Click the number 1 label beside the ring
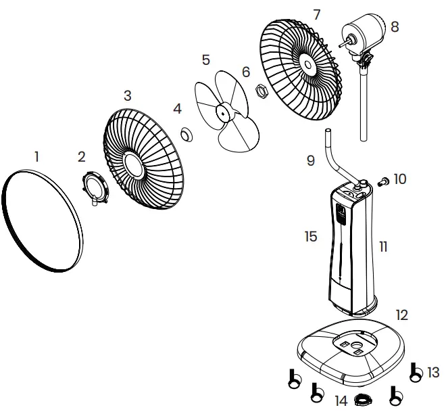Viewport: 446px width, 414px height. click(x=36, y=156)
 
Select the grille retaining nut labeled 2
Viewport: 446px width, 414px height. click(x=96, y=187)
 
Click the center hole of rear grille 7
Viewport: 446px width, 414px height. click(x=307, y=65)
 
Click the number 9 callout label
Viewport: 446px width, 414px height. click(x=311, y=160)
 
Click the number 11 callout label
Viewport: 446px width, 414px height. click(x=383, y=247)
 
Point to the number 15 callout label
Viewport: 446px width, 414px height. click(x=310, y=236)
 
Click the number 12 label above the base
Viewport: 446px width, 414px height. click(x=402, y=315)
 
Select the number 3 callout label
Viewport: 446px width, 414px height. click(x=127, y=94)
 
